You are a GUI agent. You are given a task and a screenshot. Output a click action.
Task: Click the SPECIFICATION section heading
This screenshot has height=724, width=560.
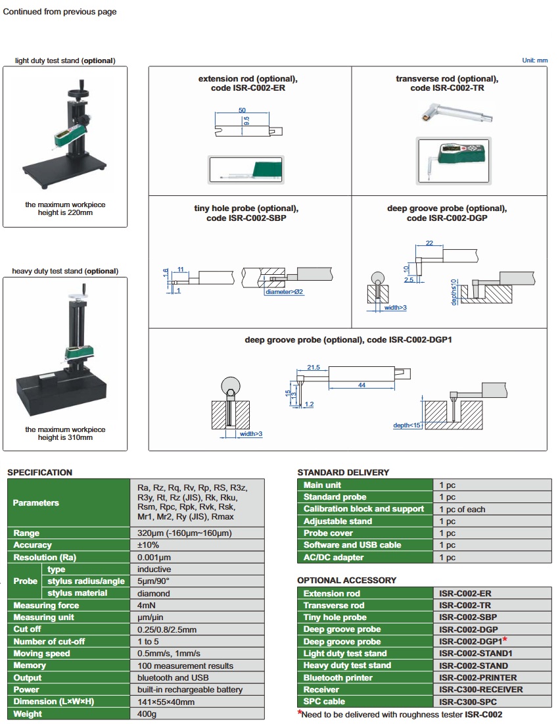[39, 472]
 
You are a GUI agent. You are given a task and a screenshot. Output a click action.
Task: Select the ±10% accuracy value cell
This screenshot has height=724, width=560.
[148, 545]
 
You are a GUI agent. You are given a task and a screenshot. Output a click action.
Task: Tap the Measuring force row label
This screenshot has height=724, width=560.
[46, 605]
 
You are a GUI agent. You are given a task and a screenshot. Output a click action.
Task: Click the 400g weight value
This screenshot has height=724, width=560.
[147, 713]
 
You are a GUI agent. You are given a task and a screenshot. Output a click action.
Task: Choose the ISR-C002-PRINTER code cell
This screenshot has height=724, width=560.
[478, 677]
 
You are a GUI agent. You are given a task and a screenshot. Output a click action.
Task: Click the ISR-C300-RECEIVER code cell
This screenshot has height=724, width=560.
[481, 690]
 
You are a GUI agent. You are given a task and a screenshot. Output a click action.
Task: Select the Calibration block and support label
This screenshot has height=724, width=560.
[363, 509]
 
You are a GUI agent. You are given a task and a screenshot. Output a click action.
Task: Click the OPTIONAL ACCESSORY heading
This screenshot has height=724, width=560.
[346, 581]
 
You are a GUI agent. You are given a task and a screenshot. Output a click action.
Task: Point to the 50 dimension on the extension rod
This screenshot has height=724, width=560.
[243, 110]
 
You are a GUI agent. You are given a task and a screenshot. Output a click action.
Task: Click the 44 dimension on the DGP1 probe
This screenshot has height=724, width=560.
[362, 385]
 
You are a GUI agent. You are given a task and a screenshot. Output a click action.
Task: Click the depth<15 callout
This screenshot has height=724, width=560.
[407, 425]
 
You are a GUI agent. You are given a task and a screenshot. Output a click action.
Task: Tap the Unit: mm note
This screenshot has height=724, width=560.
[534, 60]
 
